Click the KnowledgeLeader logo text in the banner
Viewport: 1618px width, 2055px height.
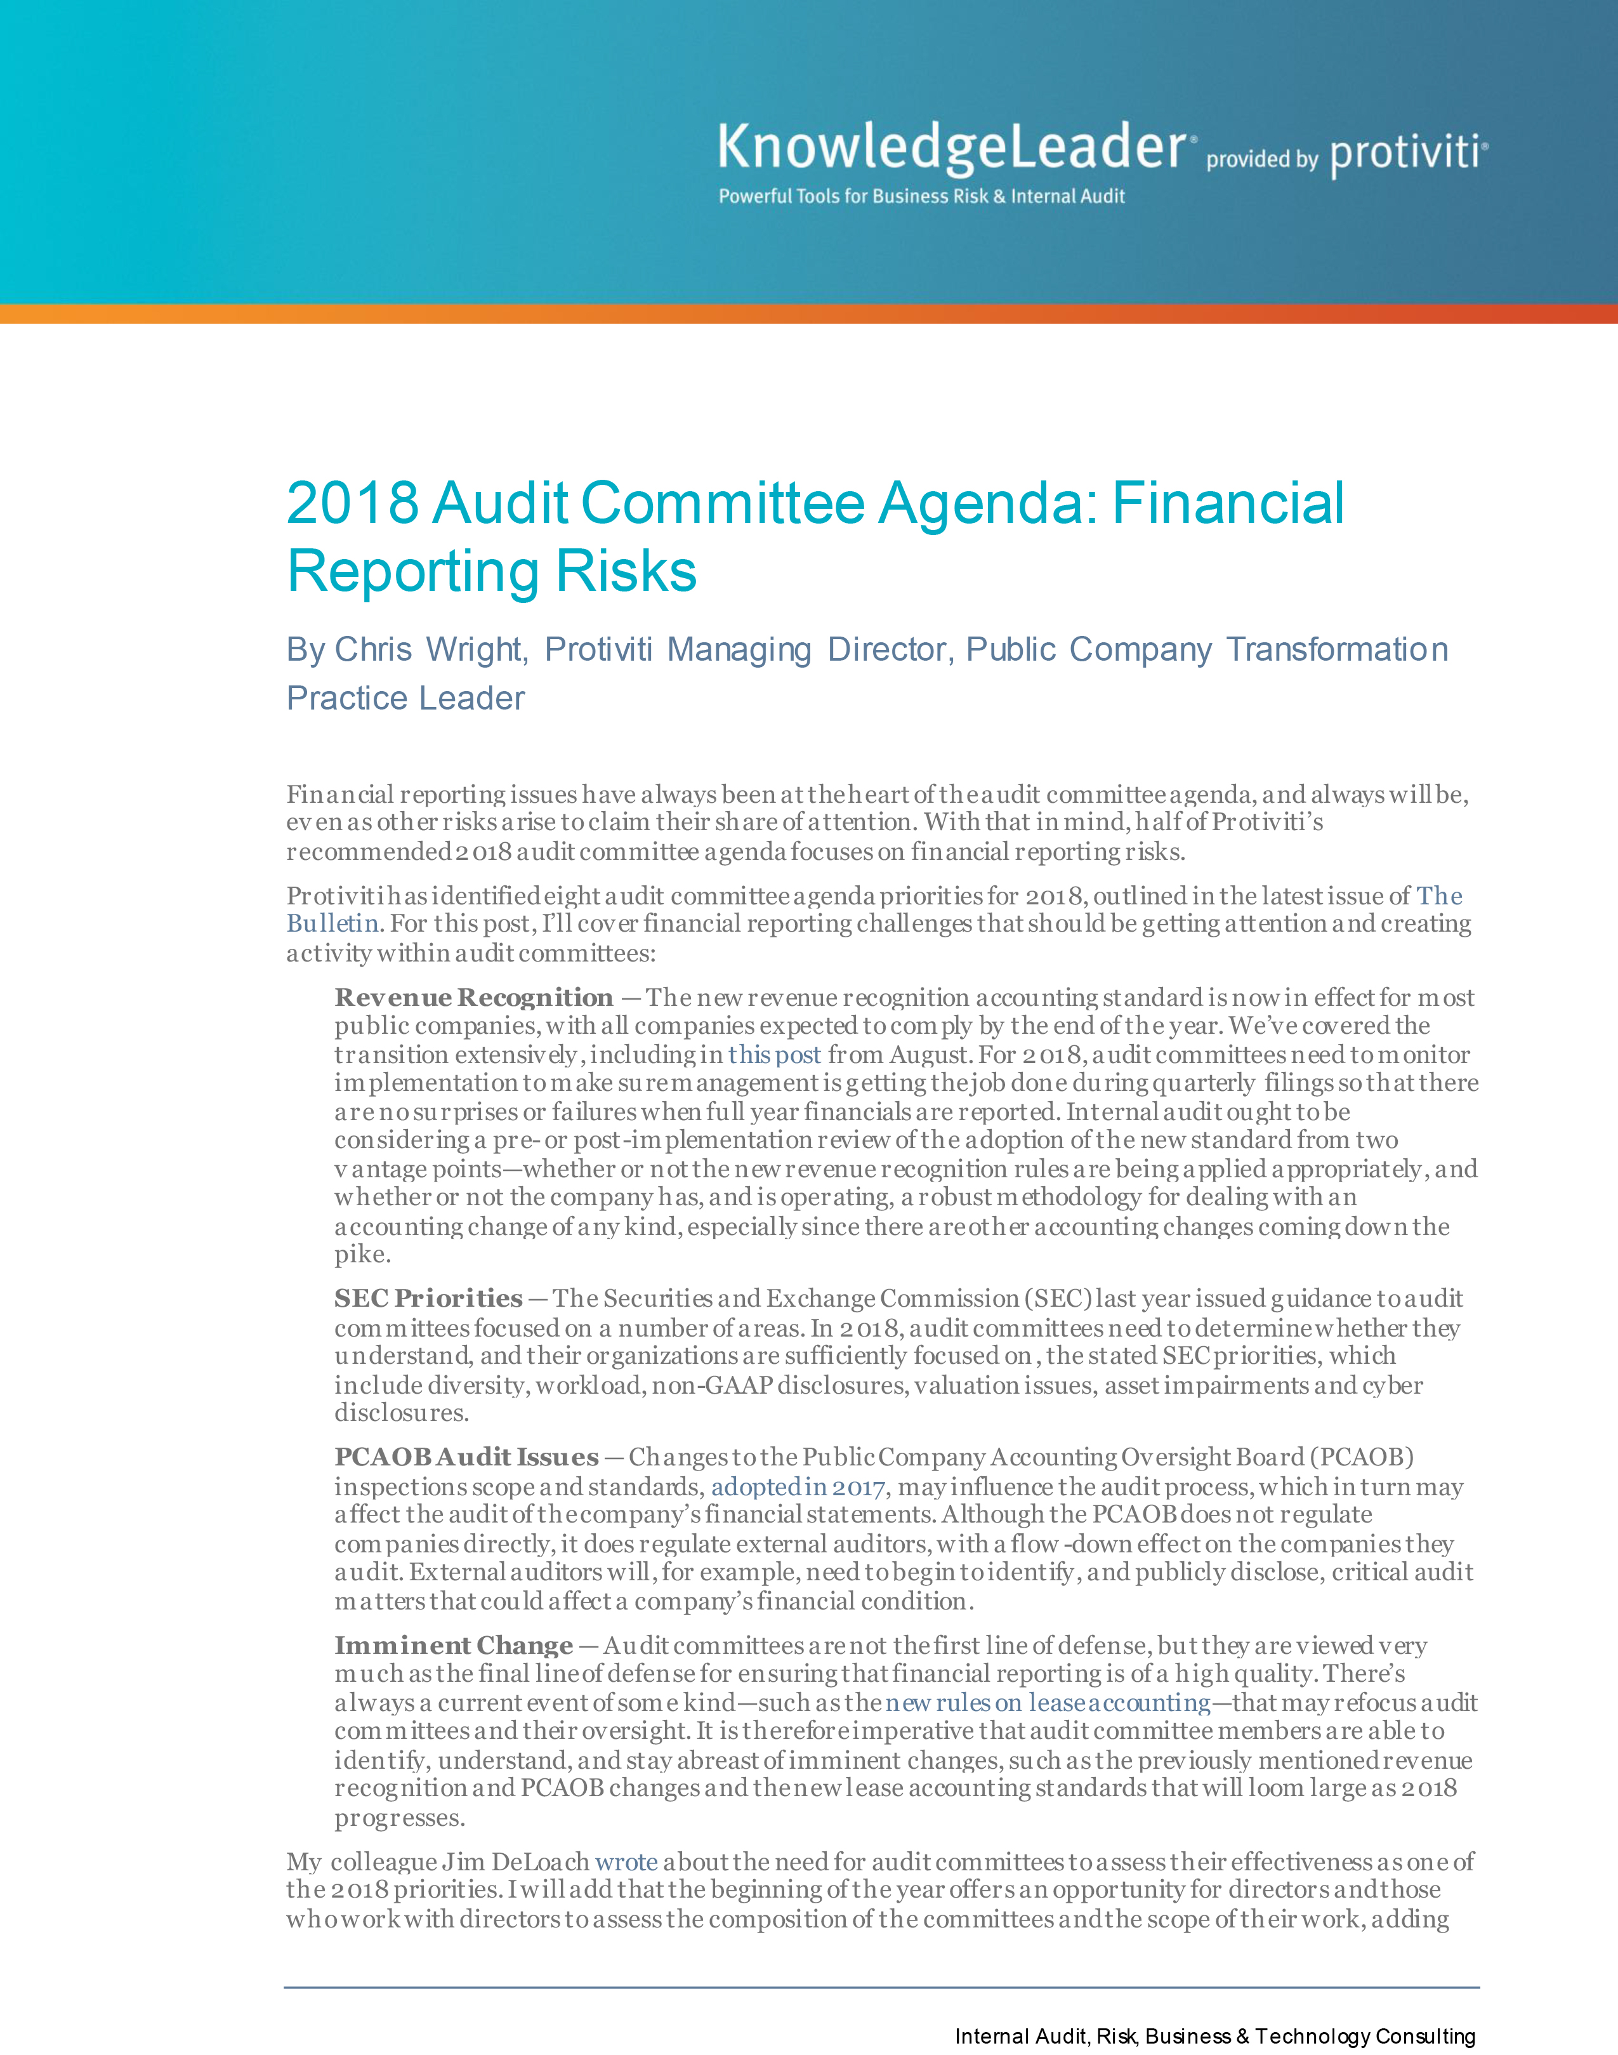coord(951,149)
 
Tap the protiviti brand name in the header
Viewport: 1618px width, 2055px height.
coord(1408,154)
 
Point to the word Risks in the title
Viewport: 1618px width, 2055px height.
coord(625,571)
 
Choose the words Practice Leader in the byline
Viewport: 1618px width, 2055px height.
coord(405,698)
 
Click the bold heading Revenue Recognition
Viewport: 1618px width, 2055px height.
coord(473,998)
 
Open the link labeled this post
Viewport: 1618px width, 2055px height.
coord(774,1055)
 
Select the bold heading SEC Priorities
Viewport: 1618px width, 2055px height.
coord(428,1298)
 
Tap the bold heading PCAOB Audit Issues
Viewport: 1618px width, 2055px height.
coord(466,1457)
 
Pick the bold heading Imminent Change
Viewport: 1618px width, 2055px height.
coord(454,1646)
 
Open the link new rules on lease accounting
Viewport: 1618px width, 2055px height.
coord(1048,1703)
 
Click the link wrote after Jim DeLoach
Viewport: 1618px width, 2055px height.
coord(625,1861)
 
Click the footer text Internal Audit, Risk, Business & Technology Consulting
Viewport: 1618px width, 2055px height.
coord(1214,2036)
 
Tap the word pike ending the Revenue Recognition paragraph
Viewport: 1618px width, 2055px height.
coord(361,1255)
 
